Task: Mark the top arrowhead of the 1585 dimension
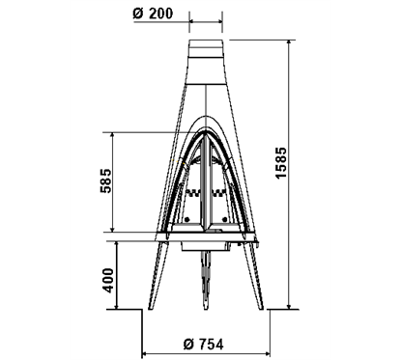tap(290, 43)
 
